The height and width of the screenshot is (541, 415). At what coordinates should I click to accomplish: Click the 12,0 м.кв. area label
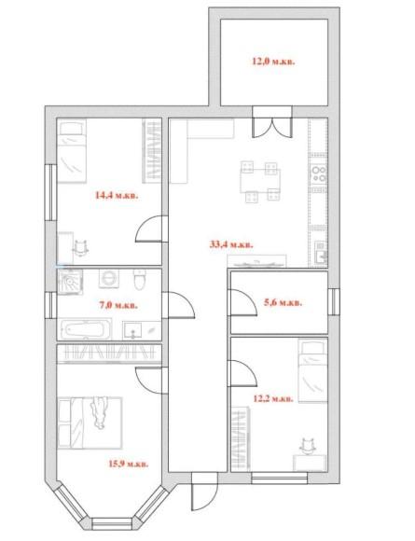[x=273, y=62]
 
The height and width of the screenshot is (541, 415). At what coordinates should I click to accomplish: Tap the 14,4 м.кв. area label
[x=117, y=196]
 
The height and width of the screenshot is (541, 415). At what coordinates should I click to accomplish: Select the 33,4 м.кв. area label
[x=231, y=244]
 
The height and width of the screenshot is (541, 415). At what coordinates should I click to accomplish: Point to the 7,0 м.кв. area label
[x=118, y=305]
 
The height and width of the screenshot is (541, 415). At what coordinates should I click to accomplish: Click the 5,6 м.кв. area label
[x=283, y=303]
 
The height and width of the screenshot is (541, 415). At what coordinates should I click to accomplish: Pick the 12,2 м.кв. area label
[x=273, y=399]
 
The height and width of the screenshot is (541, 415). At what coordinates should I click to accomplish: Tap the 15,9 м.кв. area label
[x=129, y=464]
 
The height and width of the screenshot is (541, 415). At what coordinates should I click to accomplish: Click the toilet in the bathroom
[x=140, y=280]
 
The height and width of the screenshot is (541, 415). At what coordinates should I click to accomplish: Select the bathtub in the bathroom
[x=86, y=329]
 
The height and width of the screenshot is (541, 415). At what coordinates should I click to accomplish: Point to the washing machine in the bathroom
[x=109, y=279]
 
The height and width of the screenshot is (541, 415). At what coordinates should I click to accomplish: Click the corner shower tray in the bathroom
[x=70, y=282]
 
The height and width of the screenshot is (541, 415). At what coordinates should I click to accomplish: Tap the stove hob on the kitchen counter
[x=318, y=173]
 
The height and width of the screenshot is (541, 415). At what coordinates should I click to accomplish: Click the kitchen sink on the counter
[x=321, y=253]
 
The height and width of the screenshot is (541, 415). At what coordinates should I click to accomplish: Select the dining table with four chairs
[x=260, y=182]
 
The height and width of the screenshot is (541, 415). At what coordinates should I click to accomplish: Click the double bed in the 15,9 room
[x=90, y=423]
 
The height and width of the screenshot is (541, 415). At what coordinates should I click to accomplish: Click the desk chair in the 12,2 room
[x=308, y=446]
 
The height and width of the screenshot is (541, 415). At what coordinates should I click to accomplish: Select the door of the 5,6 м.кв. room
[x=243, y=302]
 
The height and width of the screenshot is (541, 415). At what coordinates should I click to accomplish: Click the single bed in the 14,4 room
[x=72, y=151]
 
